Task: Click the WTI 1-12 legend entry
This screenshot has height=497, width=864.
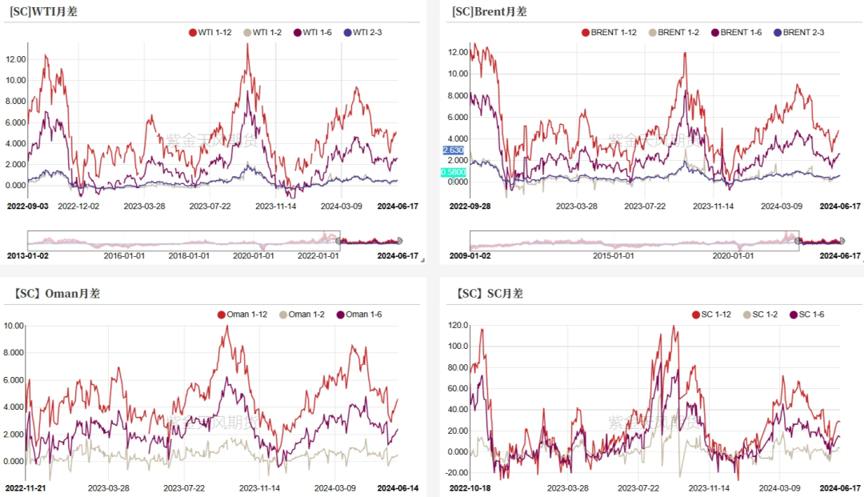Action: point(212,33)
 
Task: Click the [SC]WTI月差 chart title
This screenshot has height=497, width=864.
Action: point(43,11)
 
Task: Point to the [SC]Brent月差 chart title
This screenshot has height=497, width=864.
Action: point(489,11)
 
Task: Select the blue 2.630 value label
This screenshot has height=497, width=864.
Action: point(453,150)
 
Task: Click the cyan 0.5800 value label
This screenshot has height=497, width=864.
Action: point(453,172)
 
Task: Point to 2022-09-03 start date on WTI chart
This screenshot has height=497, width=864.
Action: point(28,206)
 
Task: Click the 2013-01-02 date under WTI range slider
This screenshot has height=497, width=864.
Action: point(28,256)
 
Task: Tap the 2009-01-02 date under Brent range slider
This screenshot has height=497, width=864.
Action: point(470,256)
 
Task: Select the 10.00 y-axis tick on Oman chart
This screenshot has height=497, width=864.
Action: point(15,325)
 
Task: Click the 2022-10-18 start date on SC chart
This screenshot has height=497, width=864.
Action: point(470,487)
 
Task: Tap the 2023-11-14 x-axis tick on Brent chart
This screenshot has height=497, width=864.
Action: point(713,206)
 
